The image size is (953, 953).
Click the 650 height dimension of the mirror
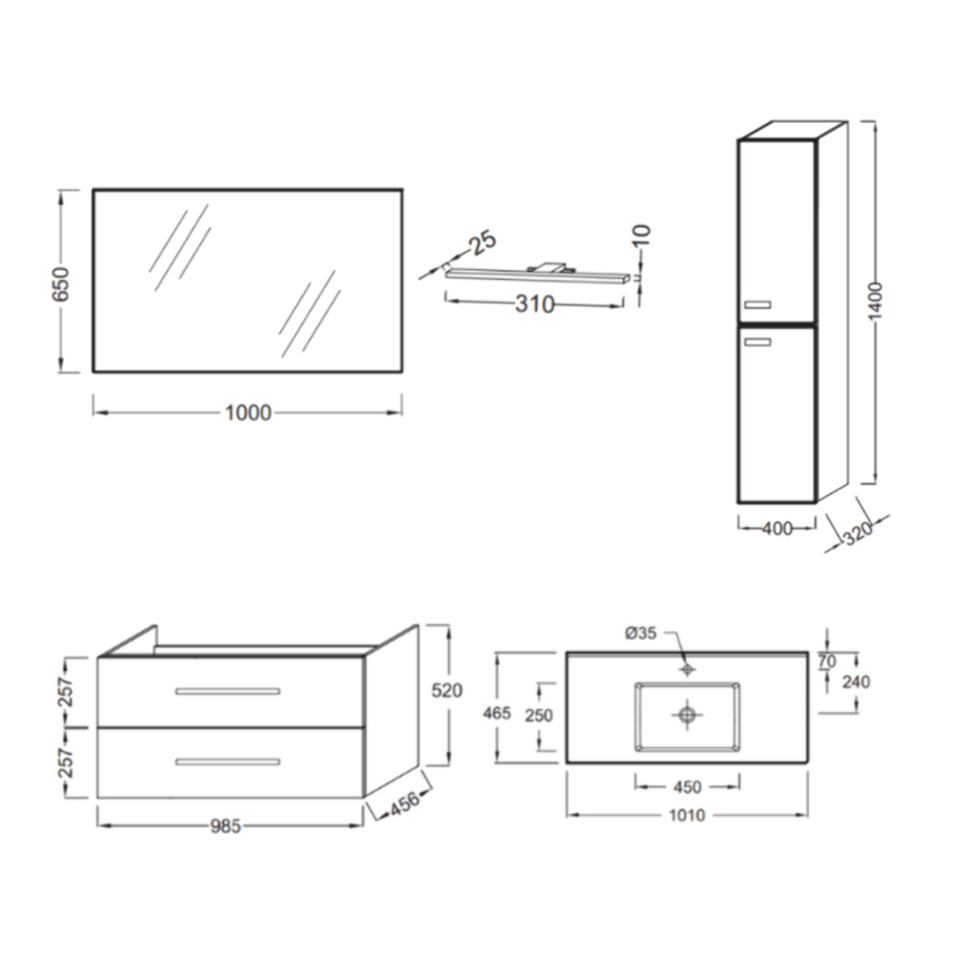click(61, 284)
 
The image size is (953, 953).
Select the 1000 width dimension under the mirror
click(248, 413)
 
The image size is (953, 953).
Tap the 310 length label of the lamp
click(534, 304)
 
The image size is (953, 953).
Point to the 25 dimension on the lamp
click(482, 241)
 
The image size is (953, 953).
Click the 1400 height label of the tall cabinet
click(875, 301)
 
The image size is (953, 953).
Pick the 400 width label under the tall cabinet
click(777, 528)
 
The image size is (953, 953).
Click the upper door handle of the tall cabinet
click(758, 305)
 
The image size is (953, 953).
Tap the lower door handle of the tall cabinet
click(758, 342)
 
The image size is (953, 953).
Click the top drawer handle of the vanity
click(228, 692)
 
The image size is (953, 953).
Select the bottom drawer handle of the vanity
click(228, 762)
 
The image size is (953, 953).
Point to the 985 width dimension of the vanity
click(225, 826)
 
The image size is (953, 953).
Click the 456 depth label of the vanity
click(404, 804)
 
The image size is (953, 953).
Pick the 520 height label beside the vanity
click(447, 691)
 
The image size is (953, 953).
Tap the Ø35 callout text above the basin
click(640, 633)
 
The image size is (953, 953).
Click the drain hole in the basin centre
click(687, 714)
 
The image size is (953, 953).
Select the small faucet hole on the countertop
click(687, 670)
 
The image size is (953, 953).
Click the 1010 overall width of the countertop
click(687, 815)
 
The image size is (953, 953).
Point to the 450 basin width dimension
click(687, 787)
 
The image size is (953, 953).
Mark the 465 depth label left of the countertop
click(497, 713)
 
